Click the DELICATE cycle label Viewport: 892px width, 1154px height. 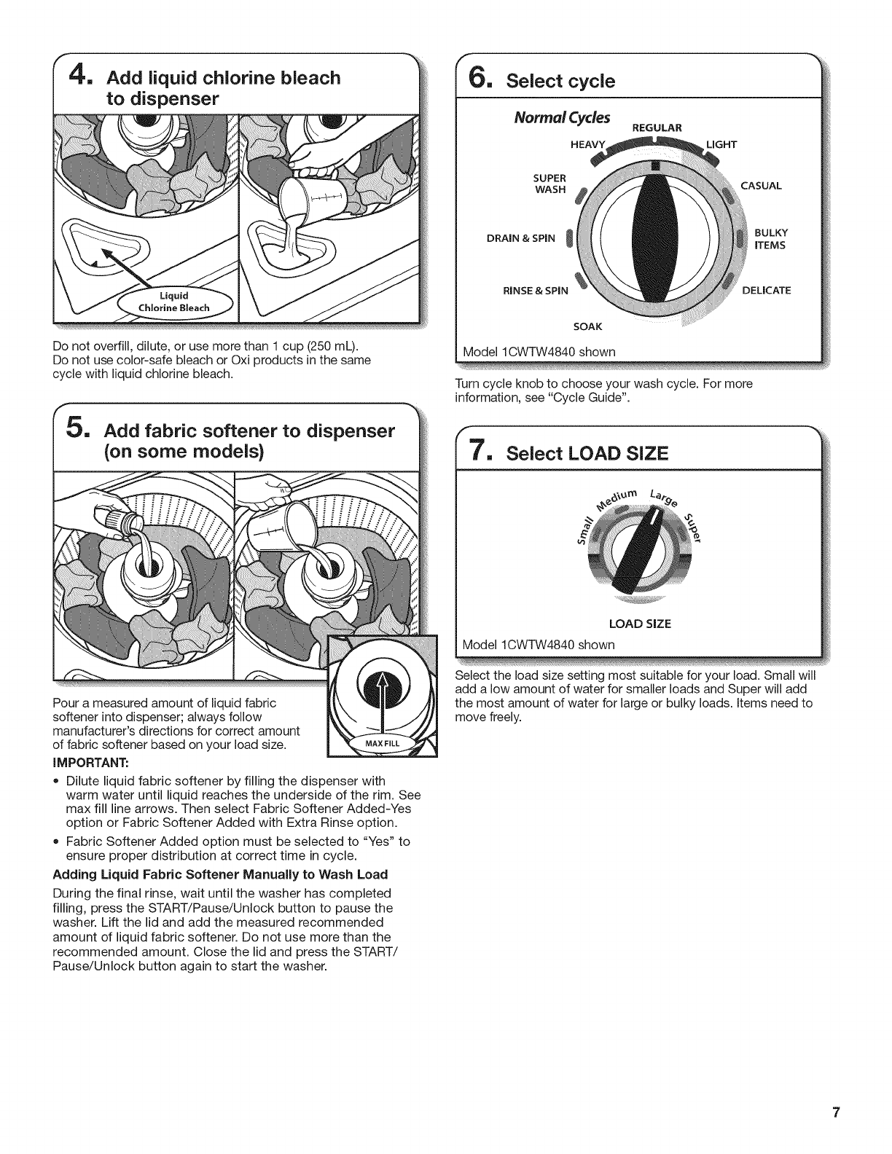pos(766,290)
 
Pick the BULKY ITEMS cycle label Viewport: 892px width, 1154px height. pos(771,239)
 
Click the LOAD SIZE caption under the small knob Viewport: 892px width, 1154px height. pos(640,624)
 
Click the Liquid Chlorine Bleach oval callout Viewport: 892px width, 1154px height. pos(173,302)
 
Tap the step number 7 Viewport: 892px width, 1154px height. pos(483,453)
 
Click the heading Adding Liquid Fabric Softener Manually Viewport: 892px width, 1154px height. pos(220,874)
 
